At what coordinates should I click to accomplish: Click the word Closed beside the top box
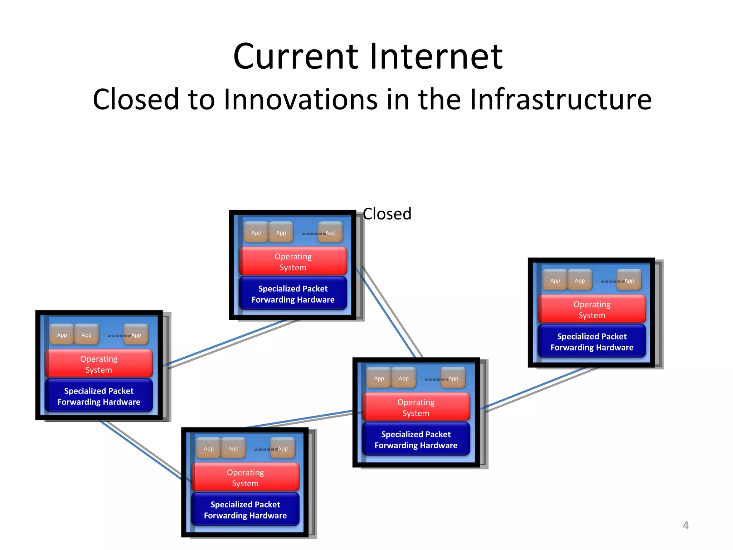click(x=387, y=214)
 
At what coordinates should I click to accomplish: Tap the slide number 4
click(x=685, y=525)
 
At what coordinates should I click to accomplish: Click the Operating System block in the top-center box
click(x=293, y=261)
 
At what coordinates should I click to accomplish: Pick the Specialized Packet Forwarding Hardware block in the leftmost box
click(x=99, y=396)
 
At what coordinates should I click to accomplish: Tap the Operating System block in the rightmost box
click(x=592, y=309)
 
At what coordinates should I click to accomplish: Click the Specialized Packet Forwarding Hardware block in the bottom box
click(x=245, y=510)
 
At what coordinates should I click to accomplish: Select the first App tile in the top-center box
click(x=256, y=232)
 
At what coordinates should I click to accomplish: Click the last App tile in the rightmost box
click(x=629, y=280)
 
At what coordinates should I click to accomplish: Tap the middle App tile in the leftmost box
click(x=87, y=335)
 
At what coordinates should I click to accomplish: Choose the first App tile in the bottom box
click(x=209, y=448)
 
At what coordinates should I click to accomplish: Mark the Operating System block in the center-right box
click(x=416, y=407)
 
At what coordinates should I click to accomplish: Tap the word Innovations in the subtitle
click(x=301, y=100)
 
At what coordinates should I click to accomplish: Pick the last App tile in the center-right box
click(x=453, y=378)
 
